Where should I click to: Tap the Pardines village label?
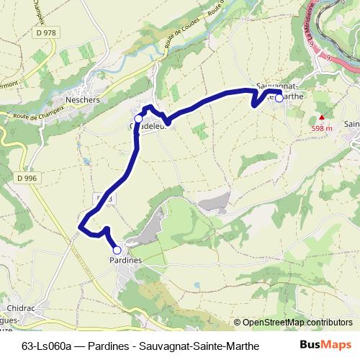pos(125,259)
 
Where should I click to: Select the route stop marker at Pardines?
pos(117,250)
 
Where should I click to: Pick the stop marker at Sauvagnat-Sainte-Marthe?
pos(279,99)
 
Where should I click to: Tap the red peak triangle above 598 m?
pos(322,117)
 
